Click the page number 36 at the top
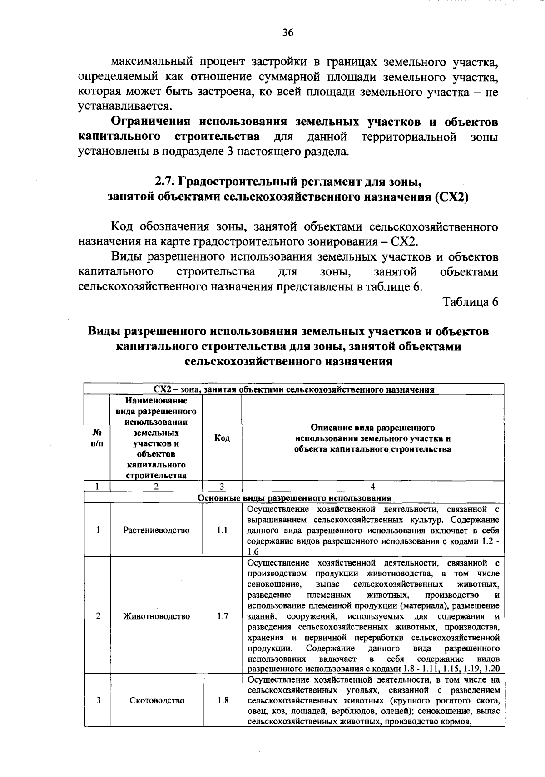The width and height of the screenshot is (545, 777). (x=288, y=32)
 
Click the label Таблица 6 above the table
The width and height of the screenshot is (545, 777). (x=471, y=302)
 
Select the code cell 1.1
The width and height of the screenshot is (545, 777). (x=222, y=530)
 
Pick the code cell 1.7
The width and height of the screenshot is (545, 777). (x=222, y=616)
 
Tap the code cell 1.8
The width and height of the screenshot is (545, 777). (x=222, y=700)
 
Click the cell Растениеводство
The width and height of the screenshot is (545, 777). (x=156, y=530)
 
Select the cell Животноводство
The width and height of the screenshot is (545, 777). (x=156, y=616)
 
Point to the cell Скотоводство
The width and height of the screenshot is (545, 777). (x=157, y=700)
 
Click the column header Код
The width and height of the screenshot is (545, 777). (x=222, y=438)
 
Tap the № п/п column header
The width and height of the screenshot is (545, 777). (x=97, y=438)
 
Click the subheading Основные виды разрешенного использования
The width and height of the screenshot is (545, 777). (x=294, y=497)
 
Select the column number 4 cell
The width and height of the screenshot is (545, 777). (x=372, y=487)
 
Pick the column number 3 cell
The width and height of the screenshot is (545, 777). (x=222, y=487)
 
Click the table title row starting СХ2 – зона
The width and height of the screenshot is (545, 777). (x=294, y=389)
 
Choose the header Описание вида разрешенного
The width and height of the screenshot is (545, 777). (x=372, y=428)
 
